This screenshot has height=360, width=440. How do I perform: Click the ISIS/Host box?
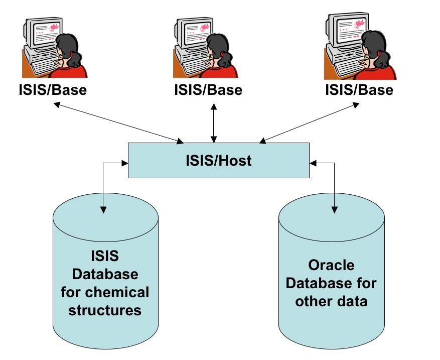(x=219, y=160)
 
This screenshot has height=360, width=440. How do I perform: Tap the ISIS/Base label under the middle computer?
(x=208, y=90)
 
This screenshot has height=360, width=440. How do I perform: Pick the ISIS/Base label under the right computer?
(x=359, y=90)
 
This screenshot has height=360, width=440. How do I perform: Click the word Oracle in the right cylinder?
(x=331, y=265)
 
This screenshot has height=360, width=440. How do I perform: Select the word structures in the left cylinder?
(x=105, y=310)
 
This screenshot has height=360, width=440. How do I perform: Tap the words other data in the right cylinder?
(x=331, y=301)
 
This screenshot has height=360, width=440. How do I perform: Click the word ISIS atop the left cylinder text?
(x=105, y=256)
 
